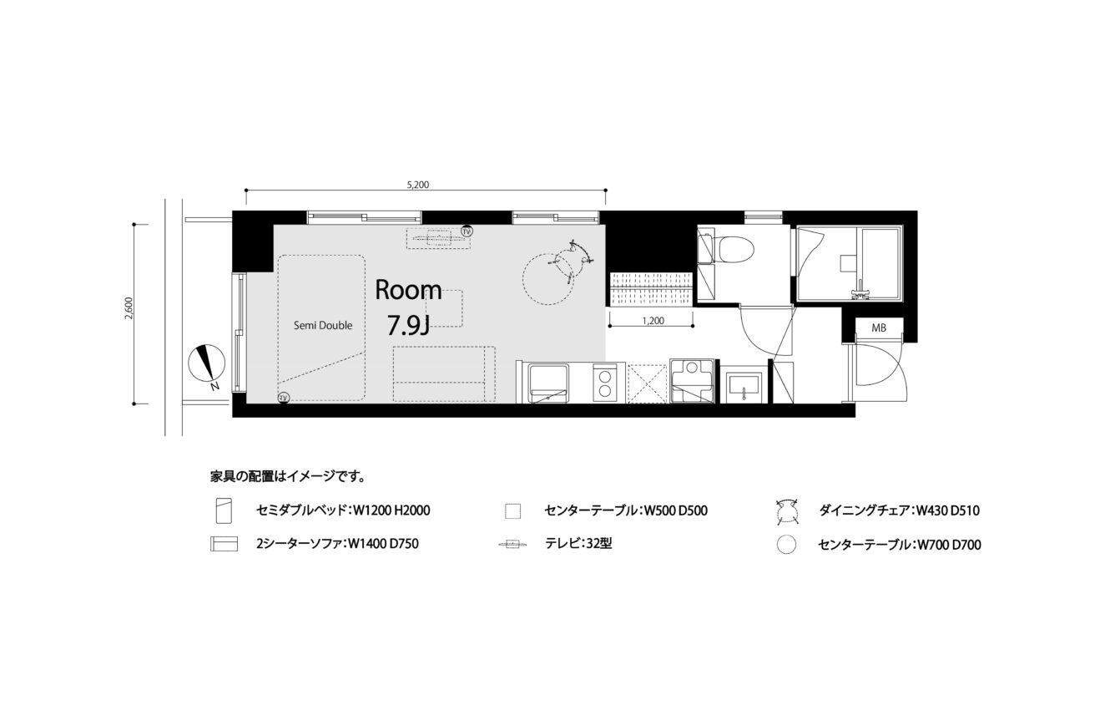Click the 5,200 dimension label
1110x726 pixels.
pyautogui.click(x=418, y=185)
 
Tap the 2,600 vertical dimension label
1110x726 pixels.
pyautogui.click(x=129, y=308)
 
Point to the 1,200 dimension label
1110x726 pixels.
pyautogui.click(x=653, y=321)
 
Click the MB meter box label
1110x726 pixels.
pyautogui.click(x=879, y=327)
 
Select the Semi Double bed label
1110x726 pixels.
pyautogui.click(x=323, y=325)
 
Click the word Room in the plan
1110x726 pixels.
pyautogui.click(x=408, y=290)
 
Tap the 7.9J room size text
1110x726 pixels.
pyautogui.click(x=408, y=326)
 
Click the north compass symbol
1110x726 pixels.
pyautogui.click(x=207, y=363)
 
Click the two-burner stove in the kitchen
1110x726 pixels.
pyautogui.click(x=605, y=383)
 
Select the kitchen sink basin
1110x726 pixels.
pyautogui.click(x=548, y=384)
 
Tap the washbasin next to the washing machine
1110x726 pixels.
pyautogui.click(x=743, y=388)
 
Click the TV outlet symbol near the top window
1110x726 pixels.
pyautogui.click(x=467, y=231)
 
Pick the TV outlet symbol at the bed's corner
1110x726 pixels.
pyautogui.click(x=284, y=398)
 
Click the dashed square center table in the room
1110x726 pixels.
pyautogui.click(x=445, y=308)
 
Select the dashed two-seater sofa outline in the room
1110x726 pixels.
pyautogui.click(x=444, y=374)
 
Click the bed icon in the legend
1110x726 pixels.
pyautogui.click(x=224, y=510)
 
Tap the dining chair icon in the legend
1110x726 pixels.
pyautogui.click(x=787, y=510)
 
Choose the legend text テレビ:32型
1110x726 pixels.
pyautogui.click(x=578, y=544)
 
